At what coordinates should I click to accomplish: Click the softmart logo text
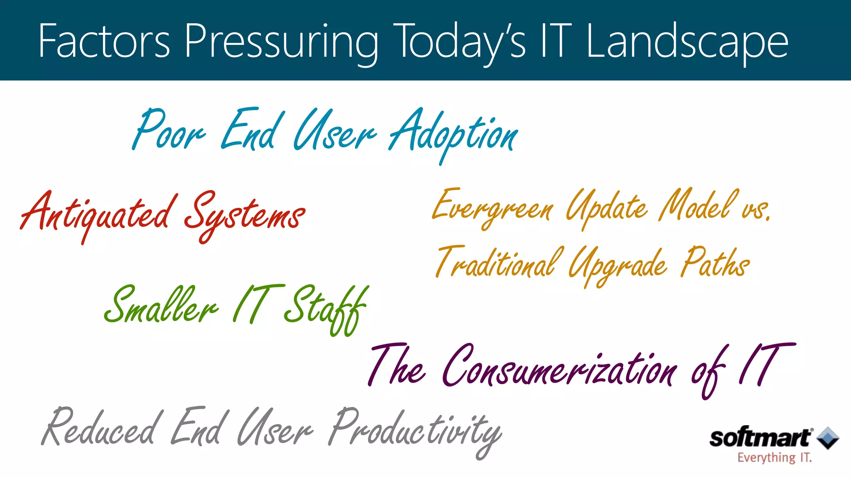point(760,438)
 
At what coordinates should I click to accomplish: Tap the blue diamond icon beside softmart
point(828,438)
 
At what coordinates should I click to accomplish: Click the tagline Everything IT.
point(774,458)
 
